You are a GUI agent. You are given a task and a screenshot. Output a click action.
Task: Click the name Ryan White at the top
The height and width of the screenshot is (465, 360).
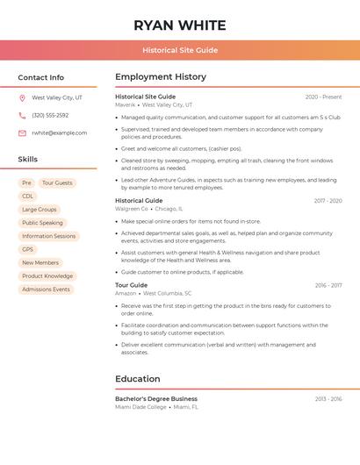pyautogui.click(x=180, y=25)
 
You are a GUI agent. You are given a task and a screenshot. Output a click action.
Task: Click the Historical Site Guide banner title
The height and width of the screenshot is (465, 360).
pyautogui.click(x=180, y=50)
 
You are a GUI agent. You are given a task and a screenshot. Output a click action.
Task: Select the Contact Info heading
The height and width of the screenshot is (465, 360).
pyautogui.click(x=41, y=77)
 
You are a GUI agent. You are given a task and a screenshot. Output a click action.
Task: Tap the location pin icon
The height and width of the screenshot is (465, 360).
pyautogui.click(x=22, y=98)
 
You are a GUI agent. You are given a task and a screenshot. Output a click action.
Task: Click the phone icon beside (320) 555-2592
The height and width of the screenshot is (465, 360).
pyautogui.click(x=22, y=116)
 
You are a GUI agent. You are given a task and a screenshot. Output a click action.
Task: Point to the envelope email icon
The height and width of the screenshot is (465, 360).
pyautogui.click(x=22, y=133)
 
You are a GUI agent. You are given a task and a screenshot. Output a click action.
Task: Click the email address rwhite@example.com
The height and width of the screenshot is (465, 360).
pyautogui.click(x=60, y=133)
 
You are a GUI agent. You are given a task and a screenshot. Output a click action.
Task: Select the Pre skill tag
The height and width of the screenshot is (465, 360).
pyautogui.click(x=26, y=183)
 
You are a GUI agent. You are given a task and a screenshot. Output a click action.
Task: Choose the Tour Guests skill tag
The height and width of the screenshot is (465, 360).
pyautogui.click(x=58, y=183)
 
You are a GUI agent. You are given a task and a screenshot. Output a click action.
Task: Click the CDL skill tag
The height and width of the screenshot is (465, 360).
pyautogui.click(x=28, y=197)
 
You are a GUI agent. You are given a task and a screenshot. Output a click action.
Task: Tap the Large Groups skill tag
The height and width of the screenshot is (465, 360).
pyautogui.click(x=40, y=210)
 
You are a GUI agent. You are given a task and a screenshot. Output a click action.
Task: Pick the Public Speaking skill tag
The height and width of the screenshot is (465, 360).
pyautogui.click(x=42, y=223)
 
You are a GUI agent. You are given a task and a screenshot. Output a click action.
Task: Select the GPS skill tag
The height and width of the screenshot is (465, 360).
pyautogui.click(x=27, y=249)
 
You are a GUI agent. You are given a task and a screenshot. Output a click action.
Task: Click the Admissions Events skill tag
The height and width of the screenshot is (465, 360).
pyautogui.click(x=46, y=290)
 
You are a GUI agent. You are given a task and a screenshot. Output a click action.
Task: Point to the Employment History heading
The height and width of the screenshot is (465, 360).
pyautogui.click(x=161, y=77)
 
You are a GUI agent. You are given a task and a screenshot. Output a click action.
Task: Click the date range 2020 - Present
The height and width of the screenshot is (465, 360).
pyautogui.click(x=323, y=97)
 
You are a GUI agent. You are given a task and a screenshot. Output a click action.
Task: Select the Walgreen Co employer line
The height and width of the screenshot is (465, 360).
pyautogui.click(x=132, y=209)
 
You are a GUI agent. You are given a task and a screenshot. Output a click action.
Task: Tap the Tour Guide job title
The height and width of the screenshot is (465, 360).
pyautogui.click(x=132, y=285)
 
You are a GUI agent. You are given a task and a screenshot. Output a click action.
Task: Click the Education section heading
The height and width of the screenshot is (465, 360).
pyautogui.click(x=138, y=379)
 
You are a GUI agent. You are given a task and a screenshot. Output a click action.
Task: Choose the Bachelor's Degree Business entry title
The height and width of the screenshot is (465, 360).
pyautogui.click(x=156, y=399)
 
